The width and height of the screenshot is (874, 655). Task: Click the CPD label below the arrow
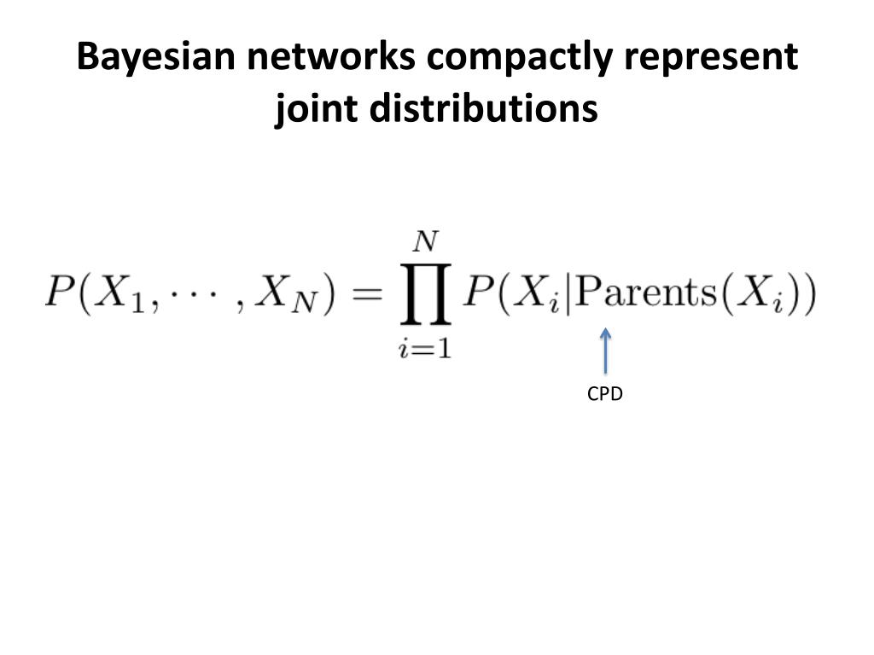point(605,394)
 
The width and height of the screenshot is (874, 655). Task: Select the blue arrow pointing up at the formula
point(605,351)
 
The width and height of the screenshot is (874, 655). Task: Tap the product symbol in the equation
point(424,295)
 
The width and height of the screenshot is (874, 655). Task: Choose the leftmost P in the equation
point(60,294)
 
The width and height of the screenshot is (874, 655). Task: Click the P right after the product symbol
point(478,294)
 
